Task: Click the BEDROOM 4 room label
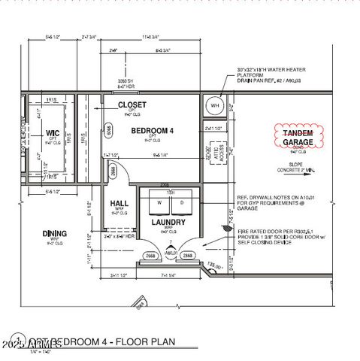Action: [153, 131]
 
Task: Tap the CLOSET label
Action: [132, 105]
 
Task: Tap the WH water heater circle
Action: [215, 106]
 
